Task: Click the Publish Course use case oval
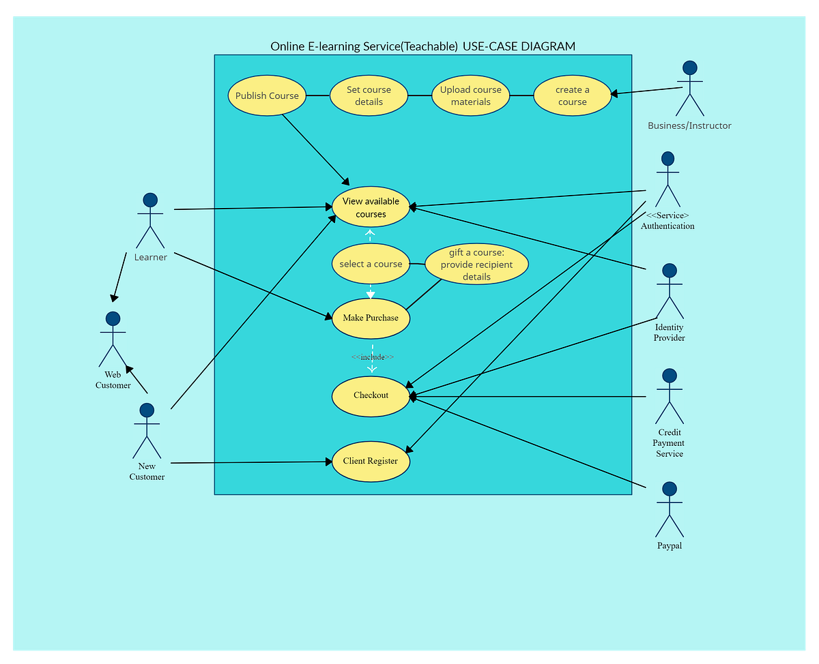267,95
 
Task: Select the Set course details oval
369,95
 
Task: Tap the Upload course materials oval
470,95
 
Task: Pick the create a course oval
572,95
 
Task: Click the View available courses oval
371,207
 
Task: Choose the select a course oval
371,264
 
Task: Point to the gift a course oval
476,265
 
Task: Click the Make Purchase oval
371,318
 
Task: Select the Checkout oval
371,395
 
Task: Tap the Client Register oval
371,461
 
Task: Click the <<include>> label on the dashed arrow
373,357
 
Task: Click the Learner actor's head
150,200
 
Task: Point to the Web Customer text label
113,380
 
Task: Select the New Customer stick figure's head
147,410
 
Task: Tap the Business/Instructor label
689,125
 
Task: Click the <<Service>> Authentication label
667,221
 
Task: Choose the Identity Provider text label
669,333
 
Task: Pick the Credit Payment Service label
669,443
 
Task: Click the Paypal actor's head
670,489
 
